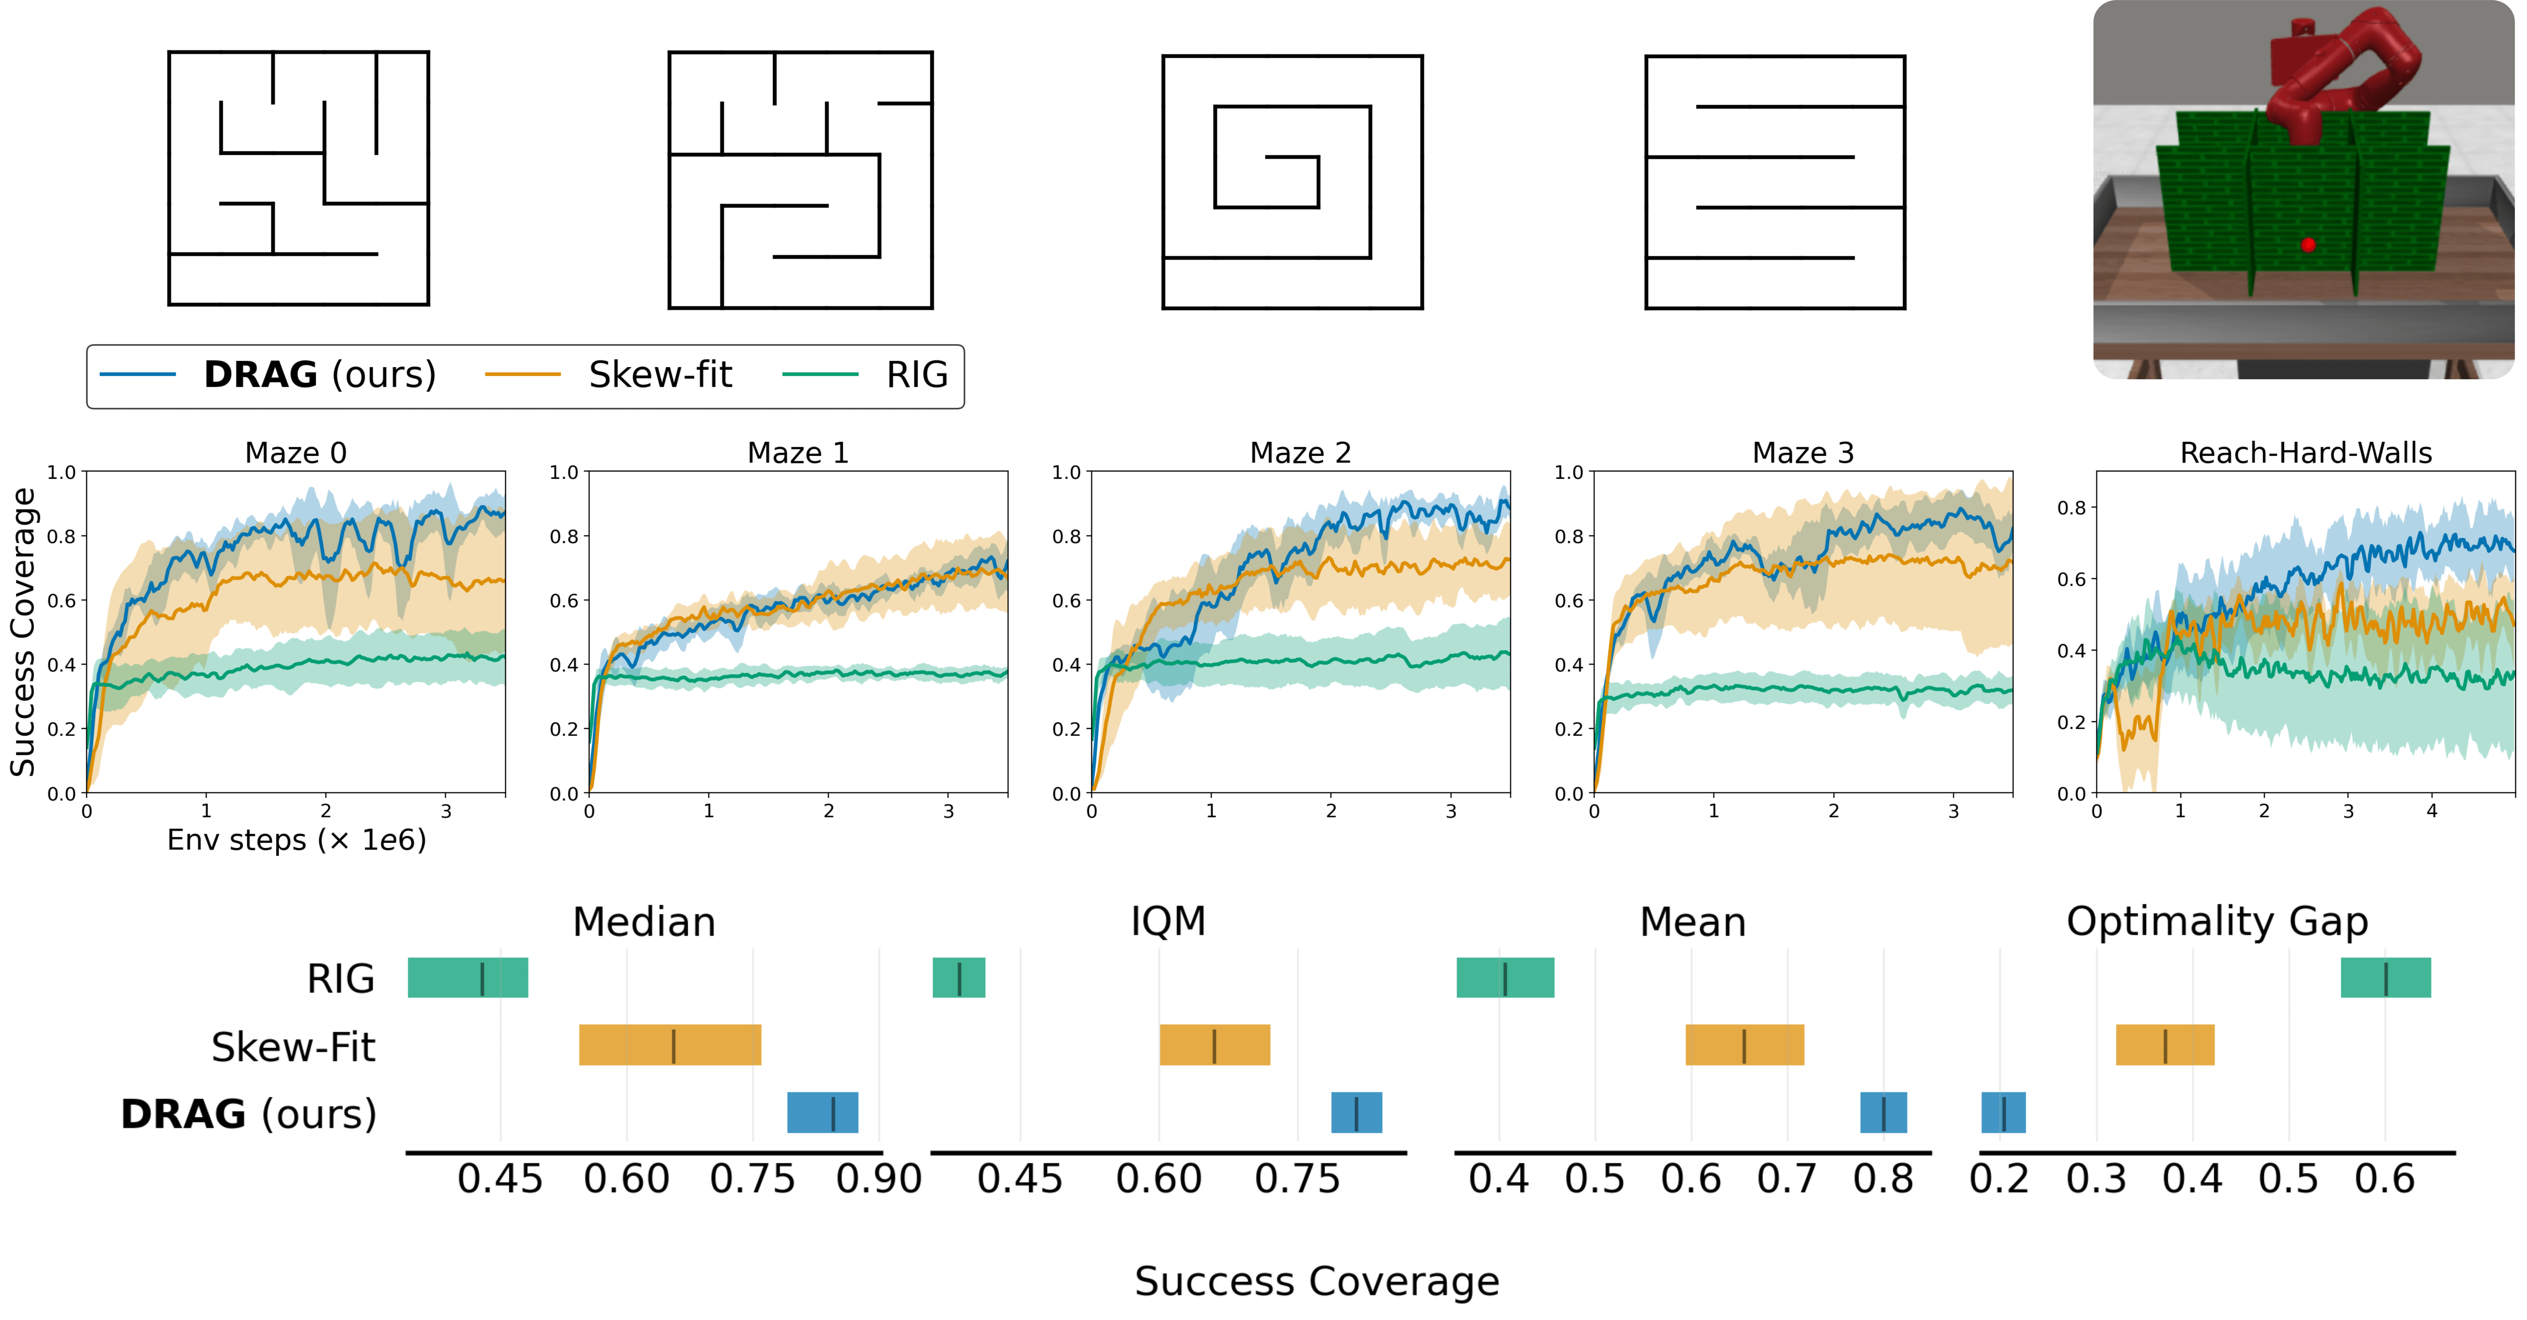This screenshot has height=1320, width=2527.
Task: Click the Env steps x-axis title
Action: (296, 841)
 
